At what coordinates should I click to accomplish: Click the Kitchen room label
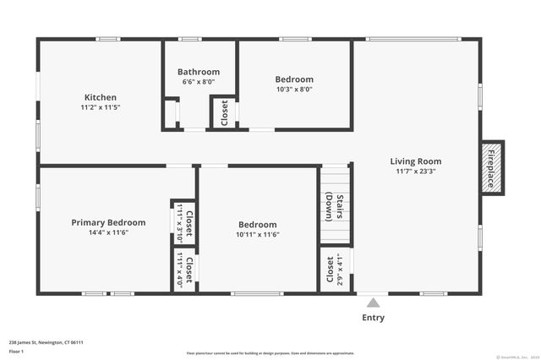tap(100, 97)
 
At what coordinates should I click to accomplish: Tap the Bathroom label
tap(199, 72)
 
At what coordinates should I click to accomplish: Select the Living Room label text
tap(415, 161)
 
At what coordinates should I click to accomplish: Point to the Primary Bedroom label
tap(108, 222)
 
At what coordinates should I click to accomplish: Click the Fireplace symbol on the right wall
tap(490, 167)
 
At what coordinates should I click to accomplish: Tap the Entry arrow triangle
tap(373, 301)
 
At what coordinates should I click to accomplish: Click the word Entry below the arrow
tap(373, 318)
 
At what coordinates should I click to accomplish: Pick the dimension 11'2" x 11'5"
tap(100, 108)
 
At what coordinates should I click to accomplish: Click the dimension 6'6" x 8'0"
tap(199, 83)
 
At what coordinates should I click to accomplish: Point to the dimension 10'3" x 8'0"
tap(294, 90)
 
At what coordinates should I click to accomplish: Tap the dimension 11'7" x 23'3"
tap(415, 172)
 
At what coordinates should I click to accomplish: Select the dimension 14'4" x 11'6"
tap(108, 233)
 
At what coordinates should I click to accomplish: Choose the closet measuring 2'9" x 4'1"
tap(334, 270)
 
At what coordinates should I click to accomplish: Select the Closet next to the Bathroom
tap(224, 113)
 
